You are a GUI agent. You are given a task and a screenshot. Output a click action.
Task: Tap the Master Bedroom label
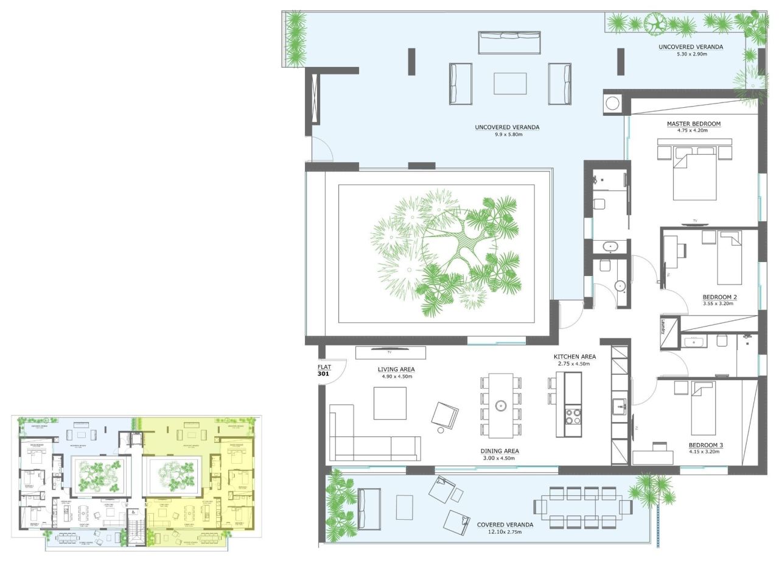click(x=693, y=124)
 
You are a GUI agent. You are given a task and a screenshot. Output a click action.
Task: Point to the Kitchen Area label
click(x=574, y=356)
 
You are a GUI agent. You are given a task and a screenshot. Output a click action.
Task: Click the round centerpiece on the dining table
click(x=501, y=405)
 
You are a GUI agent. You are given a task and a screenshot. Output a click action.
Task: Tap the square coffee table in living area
click(x=389, y=403)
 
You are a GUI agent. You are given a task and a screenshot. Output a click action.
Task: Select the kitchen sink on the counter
click(x=618, y=405)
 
